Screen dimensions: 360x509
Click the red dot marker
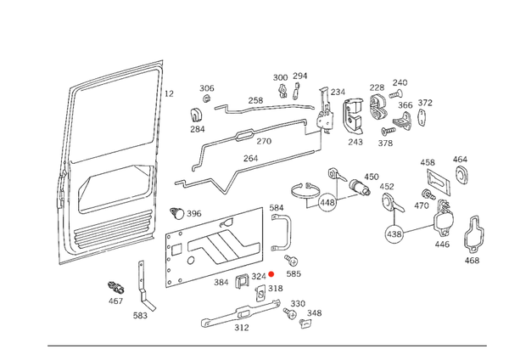point(271,273)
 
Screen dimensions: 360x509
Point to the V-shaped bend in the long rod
point(225,178)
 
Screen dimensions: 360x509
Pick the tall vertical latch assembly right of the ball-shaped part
point(438,195)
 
